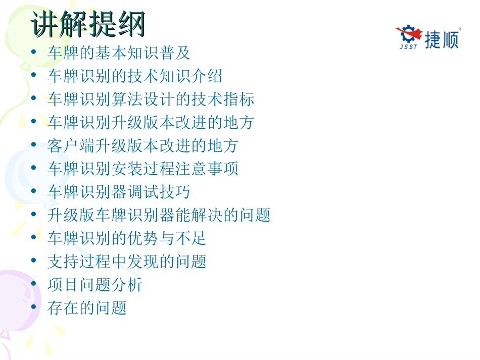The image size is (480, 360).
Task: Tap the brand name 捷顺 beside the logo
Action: pos(442,39)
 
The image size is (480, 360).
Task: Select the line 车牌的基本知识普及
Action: pos(119,53)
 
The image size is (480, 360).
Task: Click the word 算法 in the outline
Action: pos(127,99)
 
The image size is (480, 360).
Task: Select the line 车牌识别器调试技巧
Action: pos(119,192)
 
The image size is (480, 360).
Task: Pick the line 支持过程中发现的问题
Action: pos(127,262)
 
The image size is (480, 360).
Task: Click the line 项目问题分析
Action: pos(95,285)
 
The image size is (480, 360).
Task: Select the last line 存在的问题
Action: pos(87,308)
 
